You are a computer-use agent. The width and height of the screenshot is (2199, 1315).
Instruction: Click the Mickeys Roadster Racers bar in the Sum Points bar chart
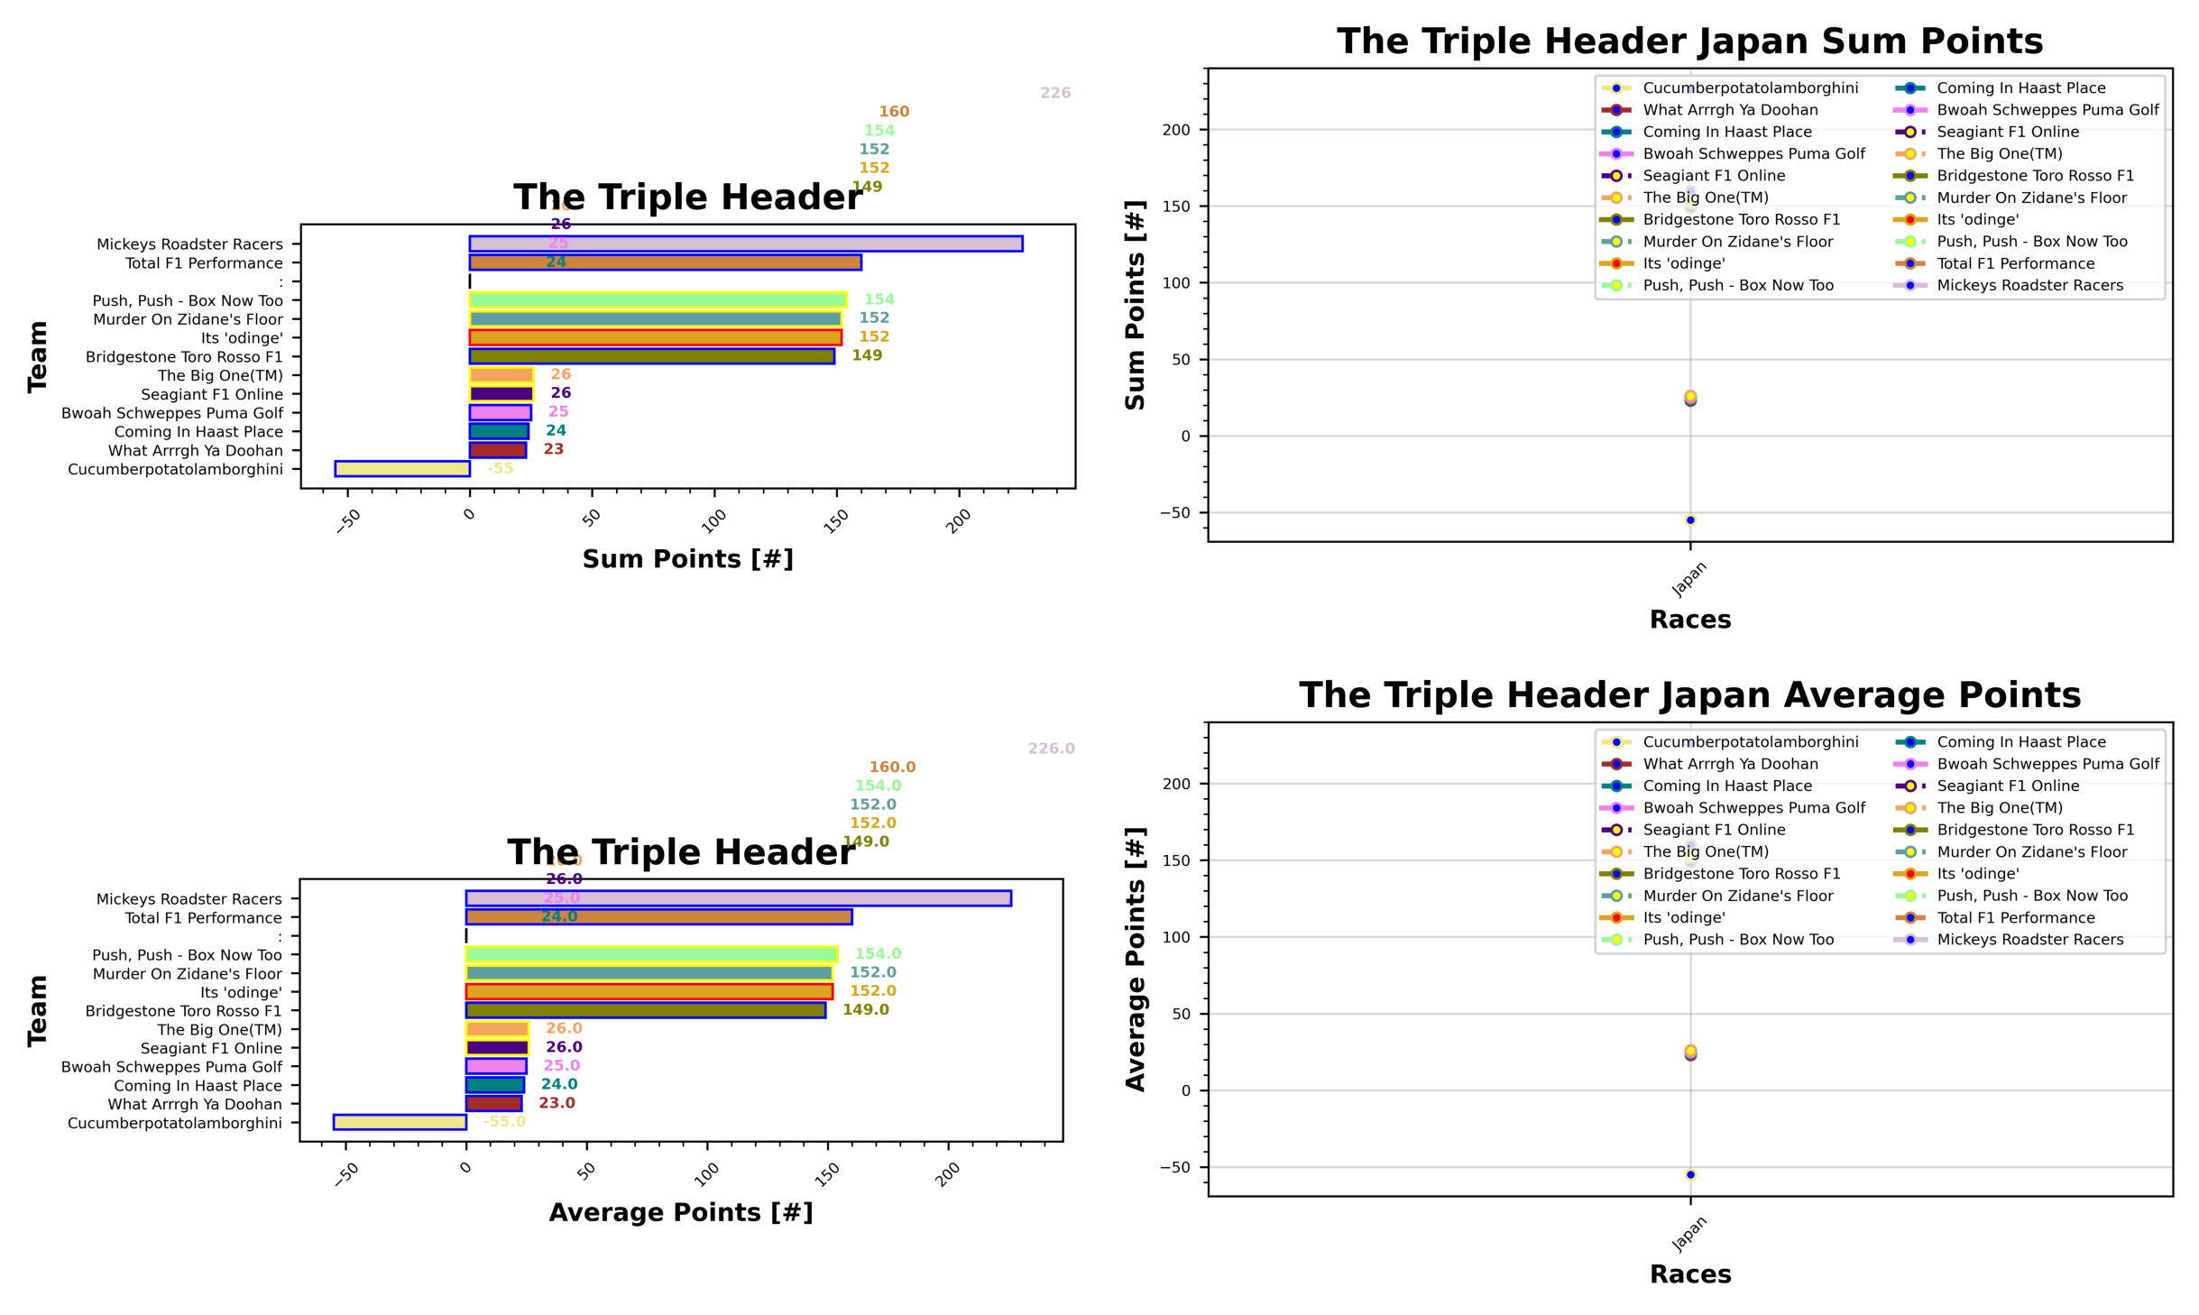pos(745,244)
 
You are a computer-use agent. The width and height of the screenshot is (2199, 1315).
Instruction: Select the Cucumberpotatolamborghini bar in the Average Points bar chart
pos(400,1122)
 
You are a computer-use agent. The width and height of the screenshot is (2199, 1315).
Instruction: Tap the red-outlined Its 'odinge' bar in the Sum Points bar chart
pos(655,337)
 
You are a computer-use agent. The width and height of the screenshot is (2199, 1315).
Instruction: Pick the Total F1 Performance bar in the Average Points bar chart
pos(658,917)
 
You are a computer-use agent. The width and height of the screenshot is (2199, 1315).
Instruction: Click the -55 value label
pos(500,469)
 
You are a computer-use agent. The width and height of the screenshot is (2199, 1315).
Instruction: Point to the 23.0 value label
pos(557,1103)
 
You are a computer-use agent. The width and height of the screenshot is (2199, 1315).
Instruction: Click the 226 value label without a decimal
pos(1054,93)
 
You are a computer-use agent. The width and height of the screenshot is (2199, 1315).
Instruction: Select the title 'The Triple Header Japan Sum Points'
pos(1688,41)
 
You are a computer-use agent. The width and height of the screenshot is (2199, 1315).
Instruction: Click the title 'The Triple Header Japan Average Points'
pos(1688,695)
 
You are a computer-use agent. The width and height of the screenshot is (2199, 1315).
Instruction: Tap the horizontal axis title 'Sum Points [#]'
pos(687,559)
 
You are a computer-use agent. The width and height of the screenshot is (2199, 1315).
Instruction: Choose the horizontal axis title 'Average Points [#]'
pos(681,1212)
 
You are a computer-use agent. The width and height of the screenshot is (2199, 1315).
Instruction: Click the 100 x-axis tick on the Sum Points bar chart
pos(713,520)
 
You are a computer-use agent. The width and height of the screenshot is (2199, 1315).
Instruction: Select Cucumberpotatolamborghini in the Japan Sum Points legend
pos(1750,87)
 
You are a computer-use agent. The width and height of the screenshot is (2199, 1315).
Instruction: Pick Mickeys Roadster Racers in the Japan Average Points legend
pos(2029,939)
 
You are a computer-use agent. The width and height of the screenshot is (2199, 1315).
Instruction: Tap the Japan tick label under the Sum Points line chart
pos(1688,579)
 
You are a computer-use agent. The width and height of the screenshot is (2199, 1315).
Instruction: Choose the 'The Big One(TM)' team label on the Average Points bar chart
pos(219,1029)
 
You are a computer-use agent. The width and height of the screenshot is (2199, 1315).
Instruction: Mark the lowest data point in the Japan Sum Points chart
pos(1689,520)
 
